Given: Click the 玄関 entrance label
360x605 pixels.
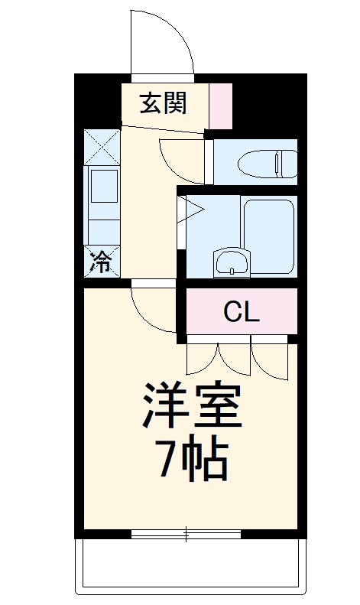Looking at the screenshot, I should point(162,102).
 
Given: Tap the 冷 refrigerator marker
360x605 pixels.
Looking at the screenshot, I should point(101,262).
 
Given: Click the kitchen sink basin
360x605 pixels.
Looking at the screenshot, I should point(104,186).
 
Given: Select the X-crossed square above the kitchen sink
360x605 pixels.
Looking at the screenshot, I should point(102,146).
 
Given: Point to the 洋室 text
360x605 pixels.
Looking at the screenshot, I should point(192,405).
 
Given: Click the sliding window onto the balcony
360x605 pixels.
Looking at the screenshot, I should point(186,533).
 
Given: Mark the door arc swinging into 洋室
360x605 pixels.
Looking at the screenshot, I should point(153,310).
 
